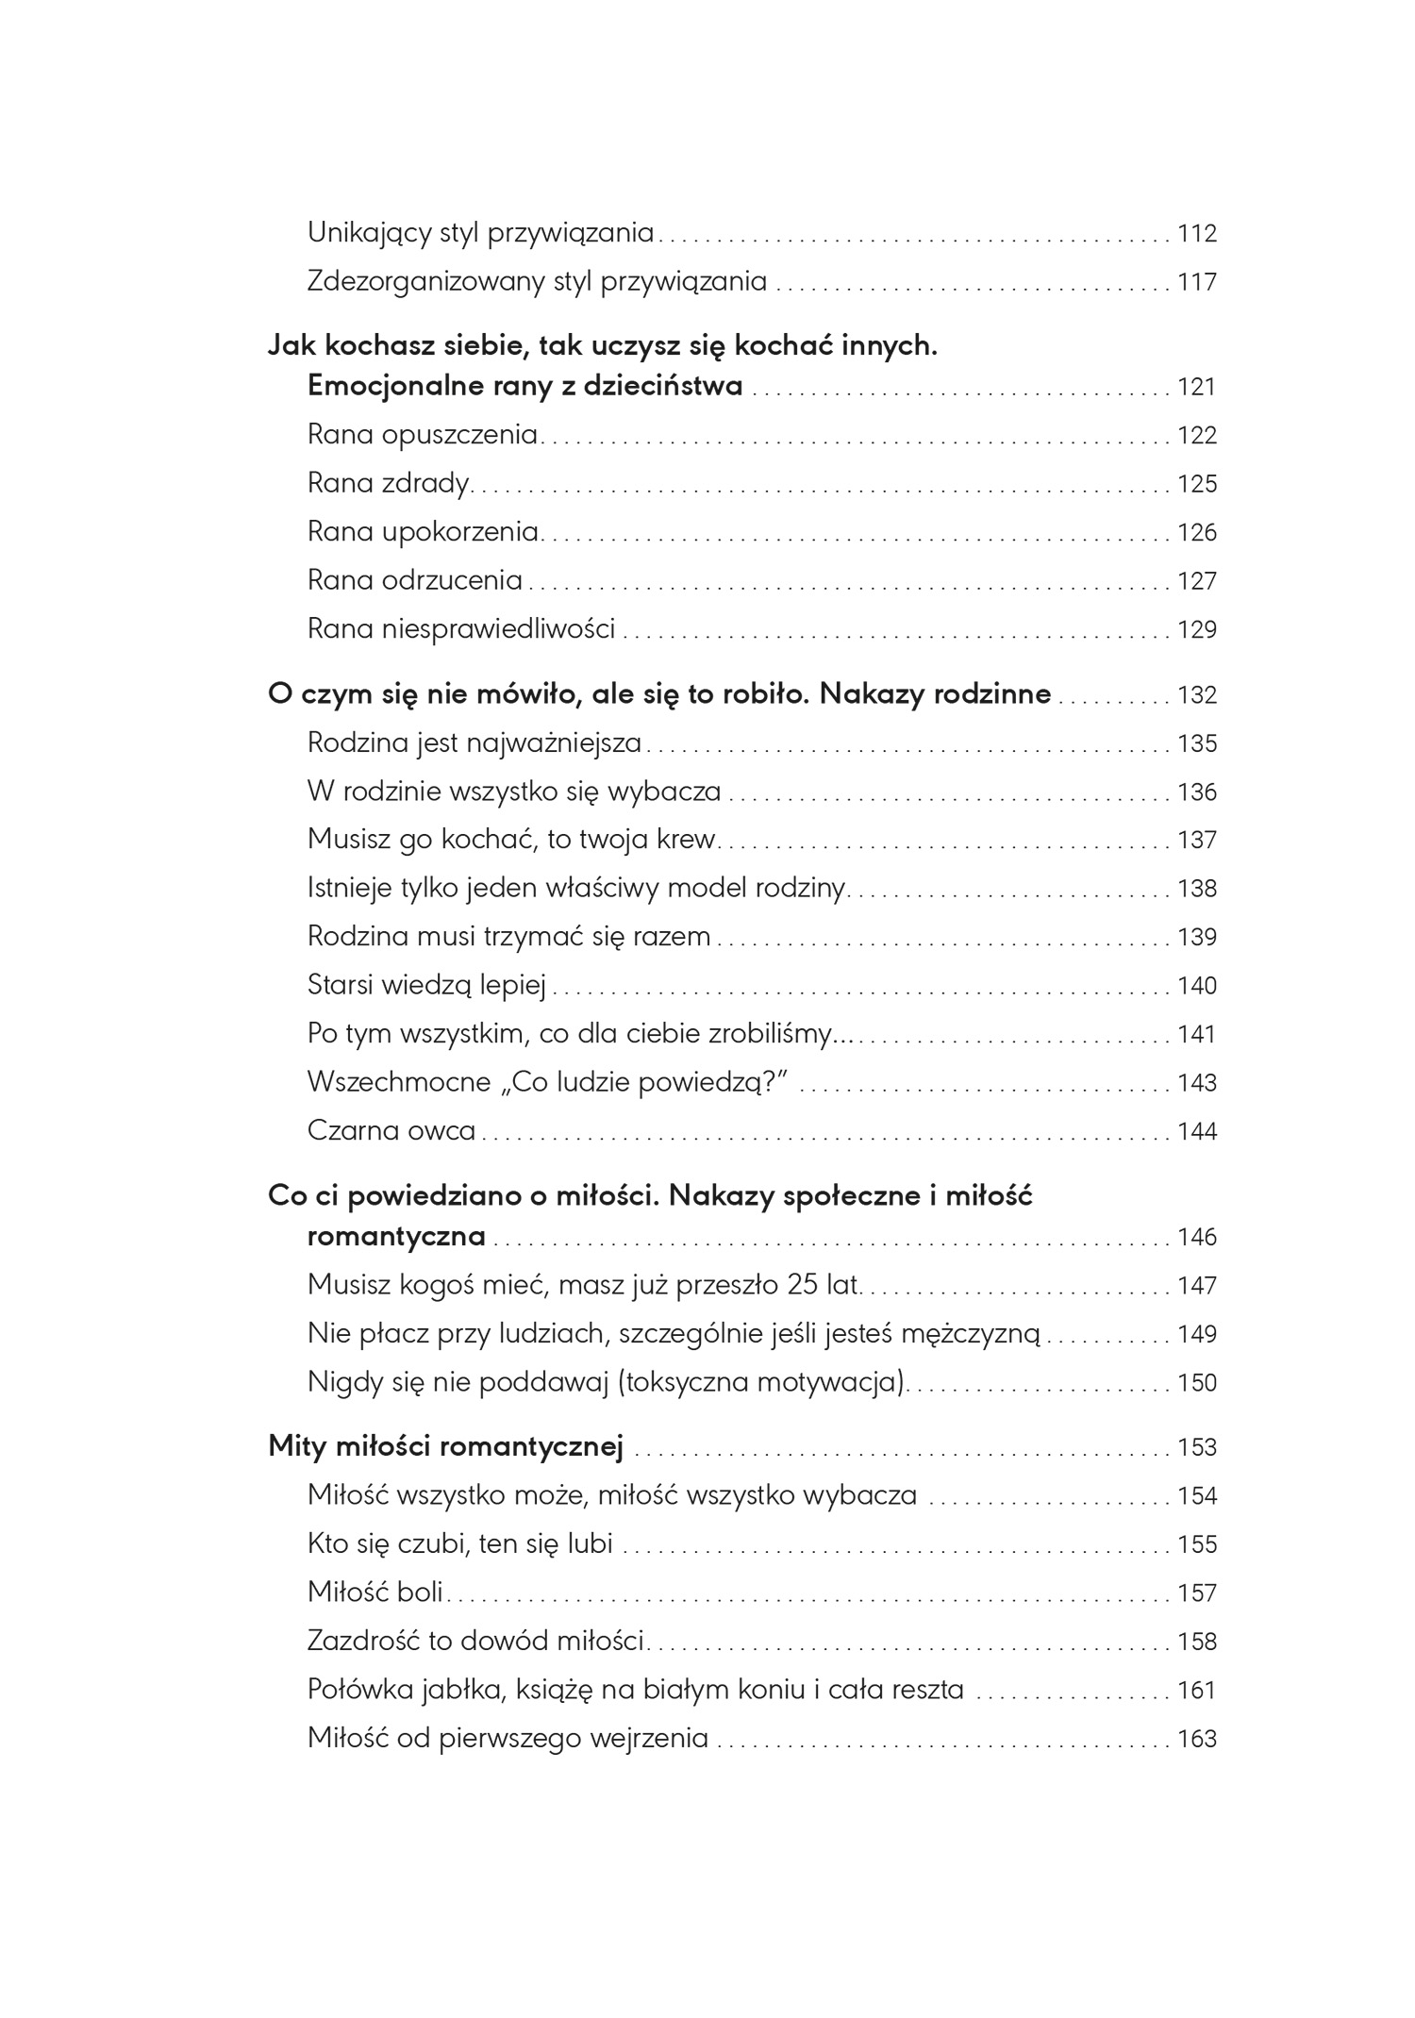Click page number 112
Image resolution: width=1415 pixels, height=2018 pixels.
coord(1197,233)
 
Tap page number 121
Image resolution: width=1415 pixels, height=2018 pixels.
coord(1197,387)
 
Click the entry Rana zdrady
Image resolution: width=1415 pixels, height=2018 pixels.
coord(389,483)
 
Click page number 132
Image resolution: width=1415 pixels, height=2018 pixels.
coord(1197,695)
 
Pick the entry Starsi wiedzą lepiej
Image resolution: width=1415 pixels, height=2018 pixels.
coord(426,986)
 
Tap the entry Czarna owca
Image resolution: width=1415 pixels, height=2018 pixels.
coord(391,1131)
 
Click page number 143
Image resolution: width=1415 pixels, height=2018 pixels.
coord(1197,1083)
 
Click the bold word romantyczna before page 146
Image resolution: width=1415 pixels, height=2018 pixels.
coord(396,1237)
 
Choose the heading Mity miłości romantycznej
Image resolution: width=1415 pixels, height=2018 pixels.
coord(446,1446)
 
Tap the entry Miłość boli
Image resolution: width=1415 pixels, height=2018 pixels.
coord(375,1593)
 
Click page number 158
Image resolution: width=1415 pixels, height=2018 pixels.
coord(1197,1642)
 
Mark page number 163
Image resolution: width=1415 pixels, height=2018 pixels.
coord(1197,1739)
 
